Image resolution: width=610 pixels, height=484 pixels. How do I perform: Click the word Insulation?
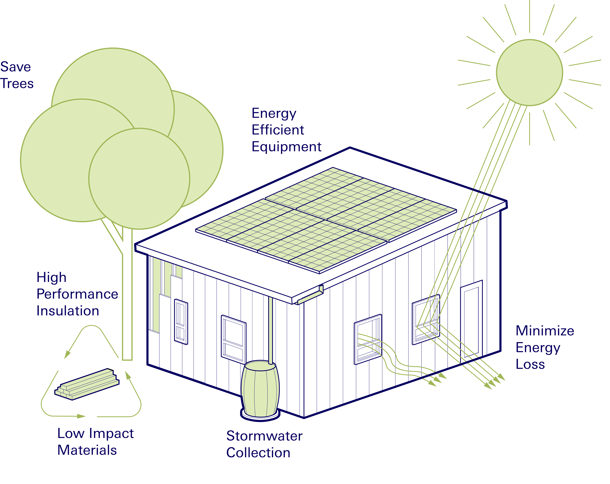pyautogui.click(x=68, y=311)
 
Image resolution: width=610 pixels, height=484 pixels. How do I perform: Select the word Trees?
pyautogui.click(x=17, y=84)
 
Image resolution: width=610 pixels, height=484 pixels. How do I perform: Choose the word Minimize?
pyautogui.click(x=545, y=331)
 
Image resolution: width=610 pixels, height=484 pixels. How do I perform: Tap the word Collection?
pyautogui.click(x=258, y=453)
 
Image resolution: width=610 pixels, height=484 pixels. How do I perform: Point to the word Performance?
pyautogui.click(x=77, y=294)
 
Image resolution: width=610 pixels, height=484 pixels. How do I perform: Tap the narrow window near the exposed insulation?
pyautogui.click(x=181, y=322)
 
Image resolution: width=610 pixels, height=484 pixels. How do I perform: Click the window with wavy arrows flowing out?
pyautogui.click(x=368, y=339)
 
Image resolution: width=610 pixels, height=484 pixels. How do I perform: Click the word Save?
pyautogui.click(x=16, y=67)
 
